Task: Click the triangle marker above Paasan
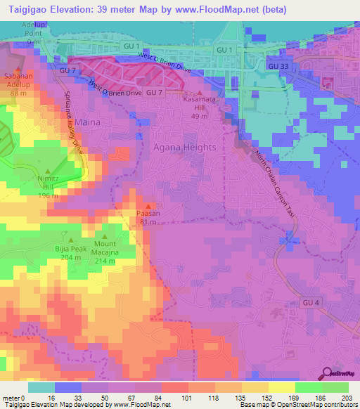(148, 207)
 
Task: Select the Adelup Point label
(32, 28)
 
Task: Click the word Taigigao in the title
(30, 8)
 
